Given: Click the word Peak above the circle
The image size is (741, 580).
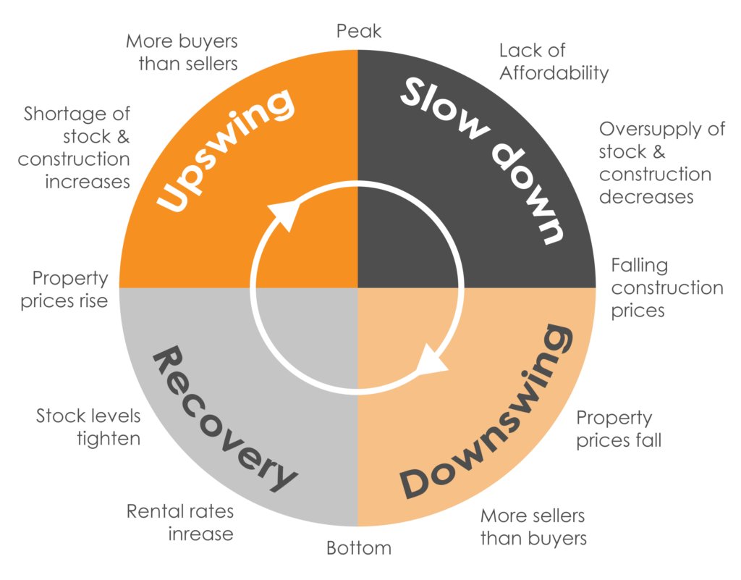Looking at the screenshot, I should [x=359, y=31].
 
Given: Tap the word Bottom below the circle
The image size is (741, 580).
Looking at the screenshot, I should [x=359, y=548].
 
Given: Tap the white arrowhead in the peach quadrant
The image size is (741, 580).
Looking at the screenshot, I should [x=433, y=361].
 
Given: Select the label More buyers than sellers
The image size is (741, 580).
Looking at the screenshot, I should [x=182, y=52].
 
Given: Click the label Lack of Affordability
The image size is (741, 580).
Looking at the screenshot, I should [x=554, y=62].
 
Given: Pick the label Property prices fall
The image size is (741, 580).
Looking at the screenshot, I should [x=619, y=429].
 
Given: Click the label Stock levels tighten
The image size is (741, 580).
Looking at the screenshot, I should [x=88, y=427].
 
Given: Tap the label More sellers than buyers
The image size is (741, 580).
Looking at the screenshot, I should [x=533, y=527].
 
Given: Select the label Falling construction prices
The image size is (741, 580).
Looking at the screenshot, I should [x=666, y=287].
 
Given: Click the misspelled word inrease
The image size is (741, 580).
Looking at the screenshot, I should [x=201, y=534].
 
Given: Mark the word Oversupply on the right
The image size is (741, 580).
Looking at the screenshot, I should [x=651, y=130].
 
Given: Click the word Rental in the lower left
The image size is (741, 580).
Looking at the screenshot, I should [x=149, y=512].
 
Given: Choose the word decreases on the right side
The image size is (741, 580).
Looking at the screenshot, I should [x=646, y=197].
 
